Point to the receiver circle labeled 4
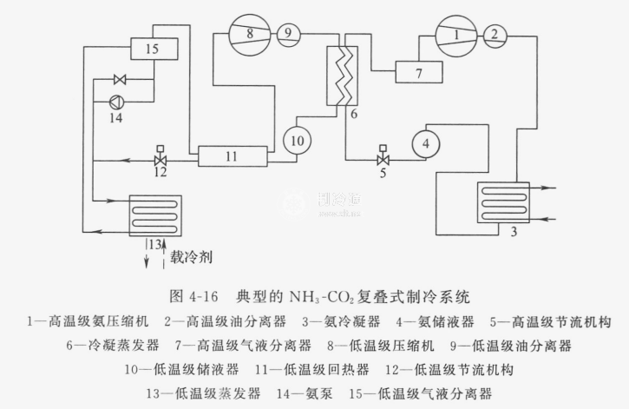(x=426, y=143)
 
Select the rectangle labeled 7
(x=419, y=73)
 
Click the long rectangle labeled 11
(x=230, y=156)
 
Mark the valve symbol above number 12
(x=160, y=161)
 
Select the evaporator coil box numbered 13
(x=155, y=214)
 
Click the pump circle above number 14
(x=117, y=101)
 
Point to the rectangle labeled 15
(x=152, y=49)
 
